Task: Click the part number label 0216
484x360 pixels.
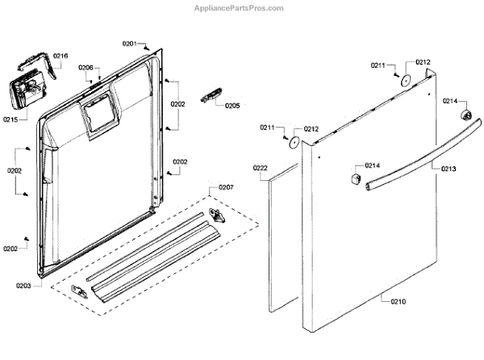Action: tap(61, 56)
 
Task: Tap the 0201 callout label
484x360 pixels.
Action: tap(130, 43)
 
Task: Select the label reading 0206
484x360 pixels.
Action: tap(86, 68)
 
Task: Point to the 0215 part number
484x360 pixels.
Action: tap(10, 119)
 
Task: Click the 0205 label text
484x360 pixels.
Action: tap(232, 106)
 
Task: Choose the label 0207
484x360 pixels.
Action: tap(226, 187)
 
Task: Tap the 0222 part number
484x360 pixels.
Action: tap(261, 167)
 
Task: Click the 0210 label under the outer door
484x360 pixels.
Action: tap(398, 301)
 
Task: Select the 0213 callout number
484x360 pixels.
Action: tap(449, 169)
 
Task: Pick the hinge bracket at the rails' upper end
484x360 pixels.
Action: tap(217, 214)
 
